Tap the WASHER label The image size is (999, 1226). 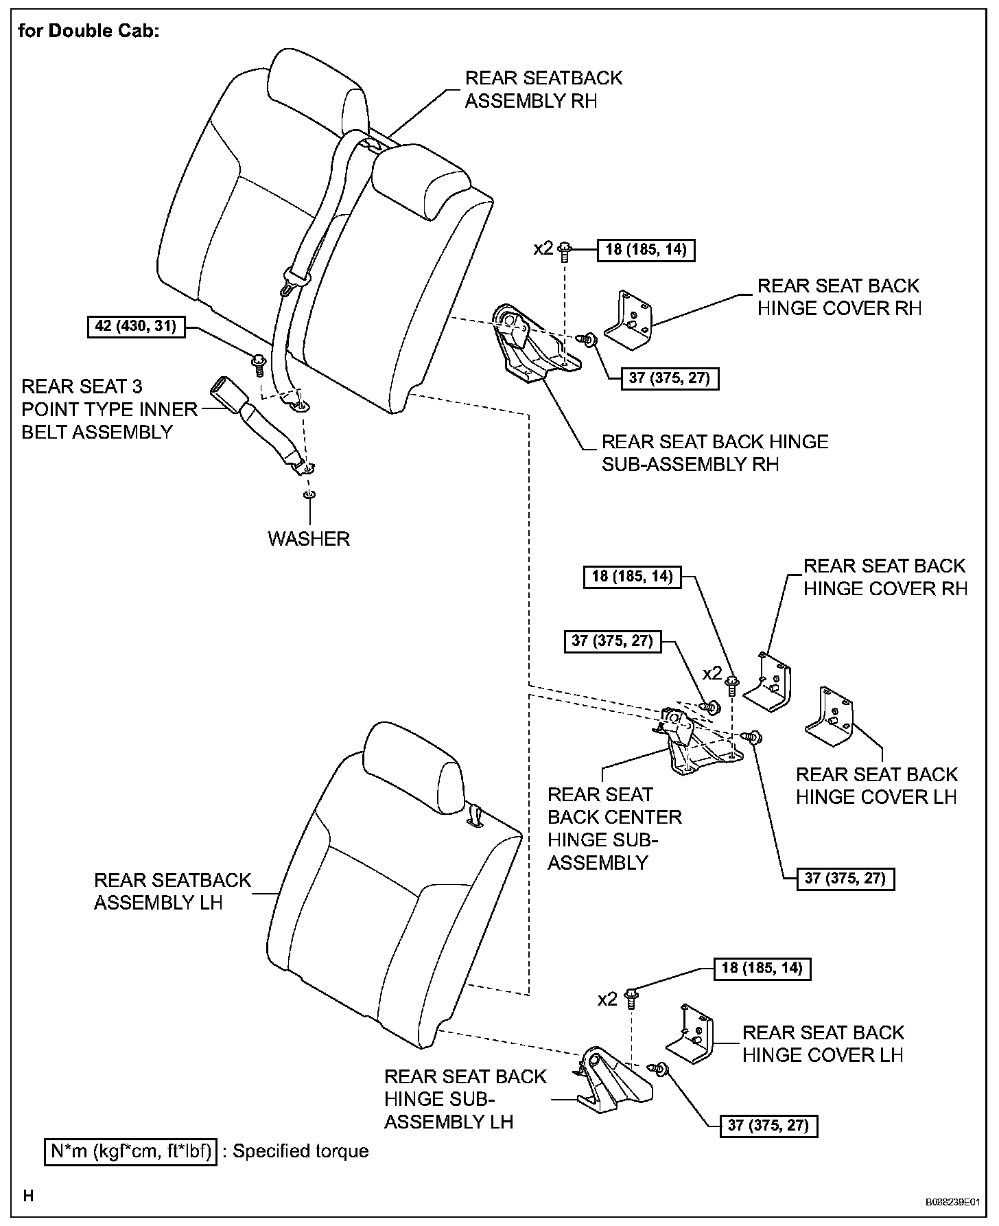(x=309, y=538)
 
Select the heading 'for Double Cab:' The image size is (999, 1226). (x=89, y=32)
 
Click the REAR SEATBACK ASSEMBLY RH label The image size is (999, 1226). (x=543, y=89)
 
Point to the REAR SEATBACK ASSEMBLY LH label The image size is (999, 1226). (x=172, y=891)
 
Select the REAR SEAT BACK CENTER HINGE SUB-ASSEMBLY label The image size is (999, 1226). (x=615, y=828)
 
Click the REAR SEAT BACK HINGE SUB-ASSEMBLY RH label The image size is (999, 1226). (x=715, y=452)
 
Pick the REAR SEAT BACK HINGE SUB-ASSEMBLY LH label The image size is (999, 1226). (x=465, y=1099)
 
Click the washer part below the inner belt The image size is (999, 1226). (x=309, y=495)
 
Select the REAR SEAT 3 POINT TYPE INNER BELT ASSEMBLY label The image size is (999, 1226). (x=109, y=409)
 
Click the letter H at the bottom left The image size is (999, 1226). (x=29, y=1196)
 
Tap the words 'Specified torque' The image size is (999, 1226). (x=301, y=1151)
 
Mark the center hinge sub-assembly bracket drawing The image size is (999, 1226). (x=693, y=745)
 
